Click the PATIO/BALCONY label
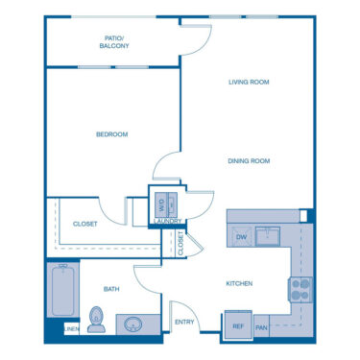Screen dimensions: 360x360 (x=114, y=41)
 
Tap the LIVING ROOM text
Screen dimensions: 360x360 (x=249, y=83)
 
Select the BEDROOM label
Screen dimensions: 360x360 (x=111, y=134)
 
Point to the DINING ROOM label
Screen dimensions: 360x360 (x=249, y=161)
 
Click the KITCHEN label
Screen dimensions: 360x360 (x=239, y=283)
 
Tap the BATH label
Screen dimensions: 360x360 (x=111, y=288)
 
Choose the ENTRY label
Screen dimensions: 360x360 (x=182, y=323)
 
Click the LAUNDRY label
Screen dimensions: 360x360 (x=167, y=223)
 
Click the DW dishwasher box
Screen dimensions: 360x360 (x=240, y=236)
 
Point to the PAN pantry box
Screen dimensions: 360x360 (x=261, y=327)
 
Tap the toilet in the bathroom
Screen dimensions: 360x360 (x=95, y=320)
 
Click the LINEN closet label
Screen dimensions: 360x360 (x=72, y=329)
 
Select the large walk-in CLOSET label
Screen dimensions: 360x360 (x=85, y=224)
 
